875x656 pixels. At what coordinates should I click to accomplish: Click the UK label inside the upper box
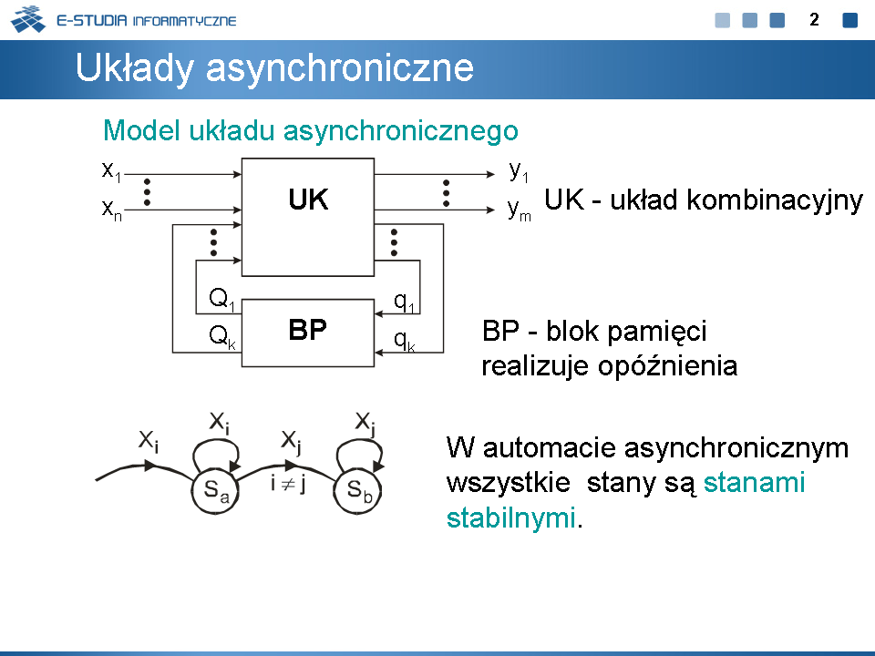[308, 200]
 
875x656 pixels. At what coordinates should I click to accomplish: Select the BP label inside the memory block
[307, 330]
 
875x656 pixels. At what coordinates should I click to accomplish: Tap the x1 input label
[111, 170]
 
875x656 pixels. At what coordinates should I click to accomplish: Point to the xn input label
[111, 210]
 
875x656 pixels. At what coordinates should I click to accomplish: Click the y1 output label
[519, 171]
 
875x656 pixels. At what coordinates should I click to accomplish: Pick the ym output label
[519, 210]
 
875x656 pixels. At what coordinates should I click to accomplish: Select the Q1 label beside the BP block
[221, 299]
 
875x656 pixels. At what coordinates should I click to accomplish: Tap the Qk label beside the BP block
[222, 336]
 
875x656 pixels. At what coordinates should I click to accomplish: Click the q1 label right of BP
[404, 302]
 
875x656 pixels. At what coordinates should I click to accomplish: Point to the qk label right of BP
[404, 340]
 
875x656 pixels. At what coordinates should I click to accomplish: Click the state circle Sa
[215, 491]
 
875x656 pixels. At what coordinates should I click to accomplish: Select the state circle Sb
[357, 491]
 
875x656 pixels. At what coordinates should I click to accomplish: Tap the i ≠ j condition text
[287, 483]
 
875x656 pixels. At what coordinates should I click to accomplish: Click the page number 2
[814, 20]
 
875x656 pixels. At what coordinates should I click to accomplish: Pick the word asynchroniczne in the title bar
[340, 68]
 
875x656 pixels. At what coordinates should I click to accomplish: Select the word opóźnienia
[667, 366]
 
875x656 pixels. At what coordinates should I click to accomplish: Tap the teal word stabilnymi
[510, 518]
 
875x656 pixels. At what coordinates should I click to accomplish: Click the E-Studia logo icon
[28, 19]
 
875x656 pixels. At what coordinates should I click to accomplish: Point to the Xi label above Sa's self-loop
[219, 422]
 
